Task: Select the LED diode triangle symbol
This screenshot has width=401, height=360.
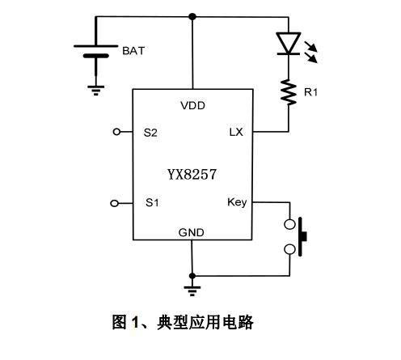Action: click(289, 43)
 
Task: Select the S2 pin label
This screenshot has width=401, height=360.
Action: click(150, 131)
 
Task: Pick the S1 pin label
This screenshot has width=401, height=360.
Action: click(150, 202)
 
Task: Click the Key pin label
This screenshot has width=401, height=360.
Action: click(238, 202)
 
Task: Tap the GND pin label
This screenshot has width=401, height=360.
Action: click(192, 232)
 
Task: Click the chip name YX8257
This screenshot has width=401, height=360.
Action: click(192, 171)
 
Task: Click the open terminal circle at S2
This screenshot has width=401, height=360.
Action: click(116, 131)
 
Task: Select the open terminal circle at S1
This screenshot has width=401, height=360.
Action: click(116, 202)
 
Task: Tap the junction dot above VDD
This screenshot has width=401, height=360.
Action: click(192, 15)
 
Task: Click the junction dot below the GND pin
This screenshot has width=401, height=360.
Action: click(192, 274)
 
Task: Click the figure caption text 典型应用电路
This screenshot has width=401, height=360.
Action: click(213, 324)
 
